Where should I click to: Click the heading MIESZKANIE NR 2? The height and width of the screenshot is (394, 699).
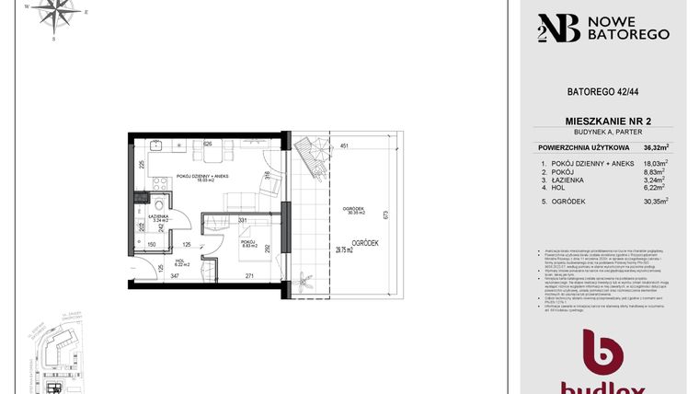604,121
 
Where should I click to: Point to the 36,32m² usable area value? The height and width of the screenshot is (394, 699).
656,146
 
